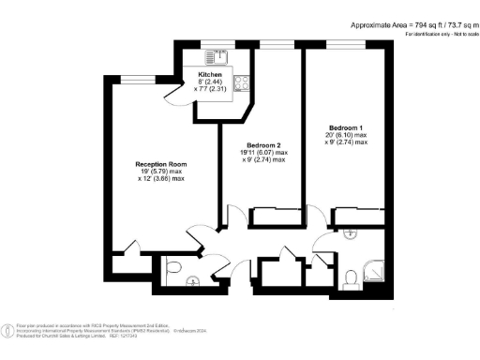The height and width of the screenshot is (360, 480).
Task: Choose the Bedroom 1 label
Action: (347, 127)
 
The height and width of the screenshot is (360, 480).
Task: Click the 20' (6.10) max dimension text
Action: (348, 135)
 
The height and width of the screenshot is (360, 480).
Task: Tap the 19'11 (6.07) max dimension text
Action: (263, 153)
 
